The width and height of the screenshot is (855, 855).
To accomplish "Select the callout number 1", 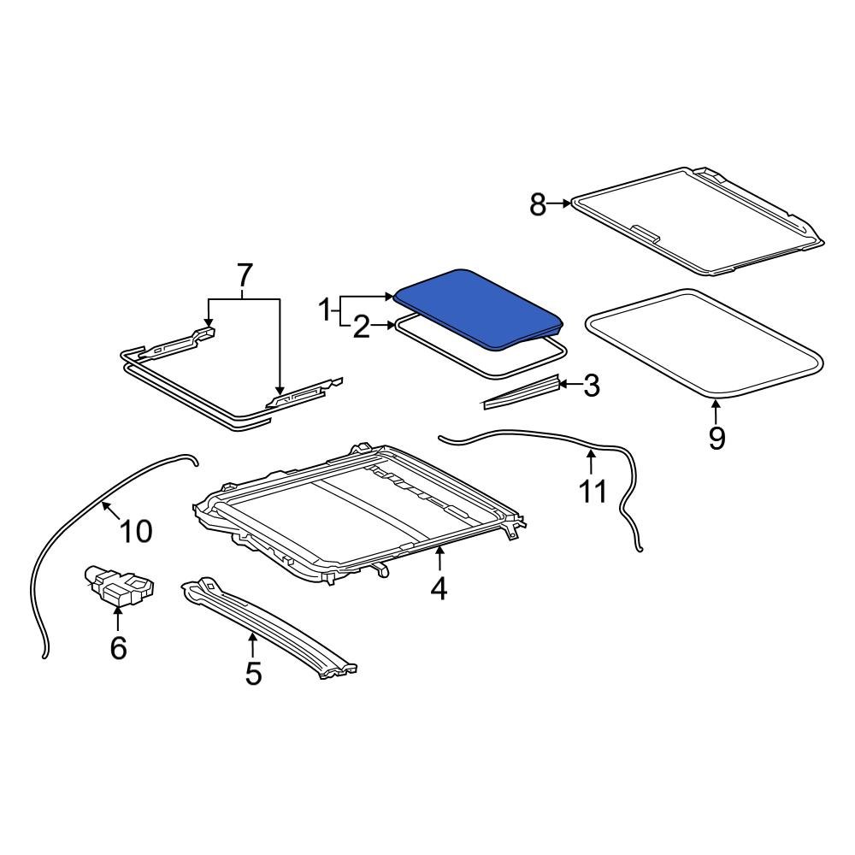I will tap(325, 310).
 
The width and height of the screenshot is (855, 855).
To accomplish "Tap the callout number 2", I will tap(362, 327).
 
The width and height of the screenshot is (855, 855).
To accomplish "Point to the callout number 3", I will tap(591, 386).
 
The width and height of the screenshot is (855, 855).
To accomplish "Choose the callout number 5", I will tap(253, 673).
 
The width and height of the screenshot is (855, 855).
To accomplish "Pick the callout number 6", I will tap(118, 647).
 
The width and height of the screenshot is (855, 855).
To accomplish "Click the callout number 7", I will tap(245, 275).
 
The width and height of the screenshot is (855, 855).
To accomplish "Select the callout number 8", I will tap(537, 204).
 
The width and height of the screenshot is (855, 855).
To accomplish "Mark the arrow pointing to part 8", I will tap(560, 203).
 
